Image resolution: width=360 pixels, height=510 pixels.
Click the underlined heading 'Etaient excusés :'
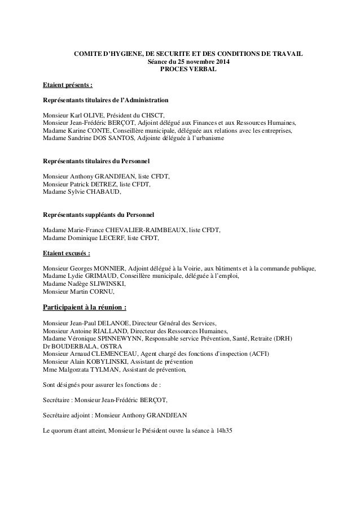tap(67, 253)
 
